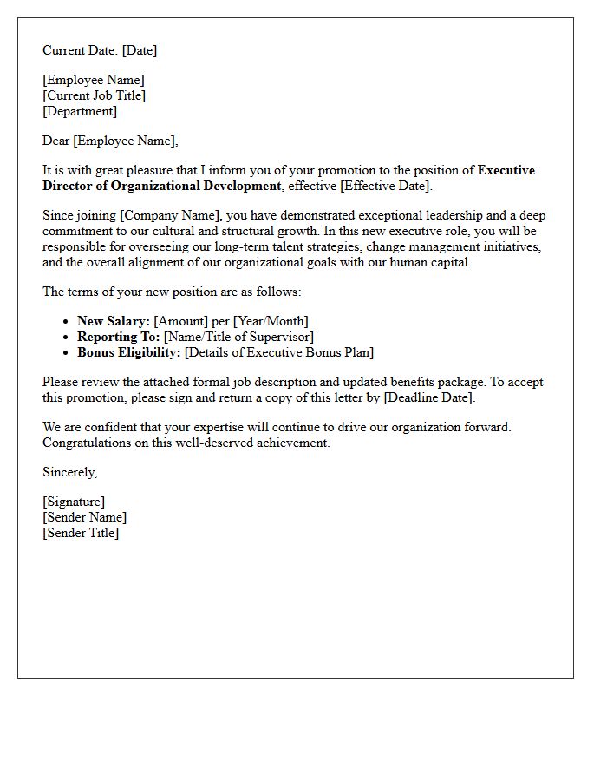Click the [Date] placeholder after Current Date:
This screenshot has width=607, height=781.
[140, 50]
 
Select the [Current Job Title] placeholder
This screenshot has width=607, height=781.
[95, 95]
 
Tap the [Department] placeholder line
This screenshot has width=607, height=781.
[80, 111]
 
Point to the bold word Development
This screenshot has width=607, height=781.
[239, 186]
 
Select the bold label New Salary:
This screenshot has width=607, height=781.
[114, 321]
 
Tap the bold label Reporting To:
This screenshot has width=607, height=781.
[119, 337]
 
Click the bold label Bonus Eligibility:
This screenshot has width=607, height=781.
[129, 352]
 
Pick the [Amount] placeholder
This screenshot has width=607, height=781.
[181, 321]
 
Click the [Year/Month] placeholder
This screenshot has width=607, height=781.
[271, 321]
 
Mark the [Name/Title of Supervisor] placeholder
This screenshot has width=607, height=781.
[238, 337]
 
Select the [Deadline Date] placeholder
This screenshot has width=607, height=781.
[428, 397]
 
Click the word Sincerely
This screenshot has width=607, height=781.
[70, 472]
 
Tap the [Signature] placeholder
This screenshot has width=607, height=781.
[74, 502]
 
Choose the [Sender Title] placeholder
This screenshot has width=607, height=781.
[81, 533]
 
